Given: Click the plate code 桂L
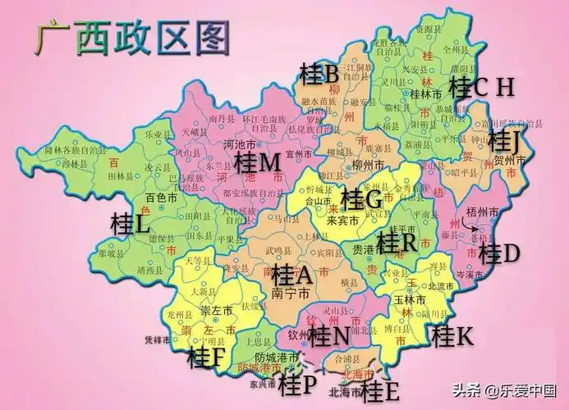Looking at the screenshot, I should pyautogui.click(x=131, y=222).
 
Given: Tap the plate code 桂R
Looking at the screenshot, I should pyautogui.click(x=397, y=243).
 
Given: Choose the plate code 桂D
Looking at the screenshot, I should pyautogui.click(x=498, y=253).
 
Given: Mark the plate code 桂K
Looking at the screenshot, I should pyautogui.click(x=452, y=335).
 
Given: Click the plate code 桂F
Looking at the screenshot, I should pyautogui.click(x=206, y=357).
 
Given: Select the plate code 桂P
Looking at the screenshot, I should pyautogui.click(x=296, y=381).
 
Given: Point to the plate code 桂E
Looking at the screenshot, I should pyautogui.click(x=380, y=388).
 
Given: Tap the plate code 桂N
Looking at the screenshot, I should pyautogui.click(x=329, y=335).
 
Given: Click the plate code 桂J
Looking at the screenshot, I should pyautogui.click(x=504, y=141).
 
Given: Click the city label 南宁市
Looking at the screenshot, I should pyautogui.click(x=291, y=292).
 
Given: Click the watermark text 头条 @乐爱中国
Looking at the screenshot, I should pyautogui.click(x=509, y=391).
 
